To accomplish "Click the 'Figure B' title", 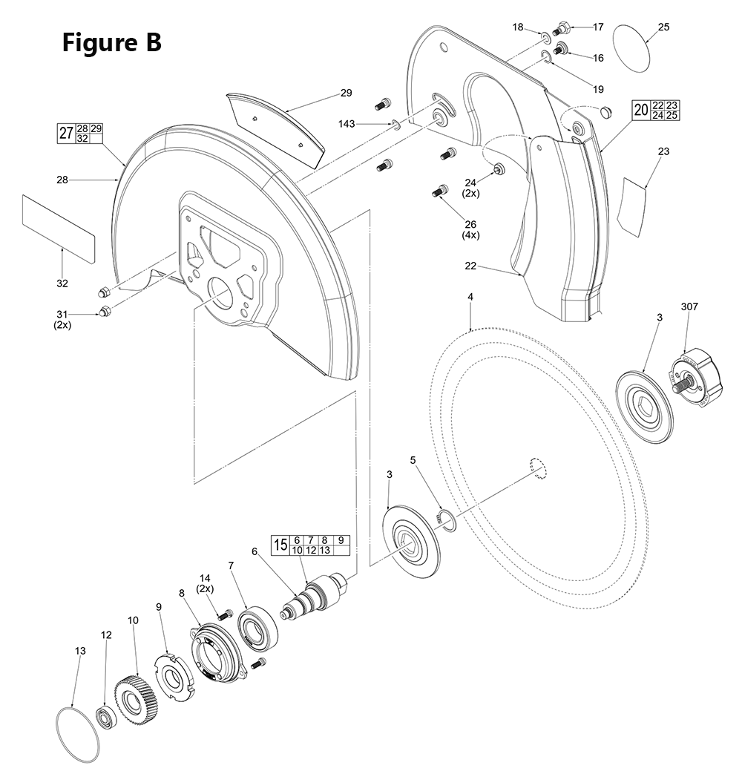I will click(x=111, y=42).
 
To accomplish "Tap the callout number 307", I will click(x=690, y=306).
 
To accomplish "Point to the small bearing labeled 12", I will click(x=105, y=718).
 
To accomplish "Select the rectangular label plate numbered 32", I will click(x=59, y=229).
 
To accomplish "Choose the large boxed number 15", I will click(x=280, y=545).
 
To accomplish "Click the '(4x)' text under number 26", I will click(x=471, y=235).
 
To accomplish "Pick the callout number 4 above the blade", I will click(x=470, y=297).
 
